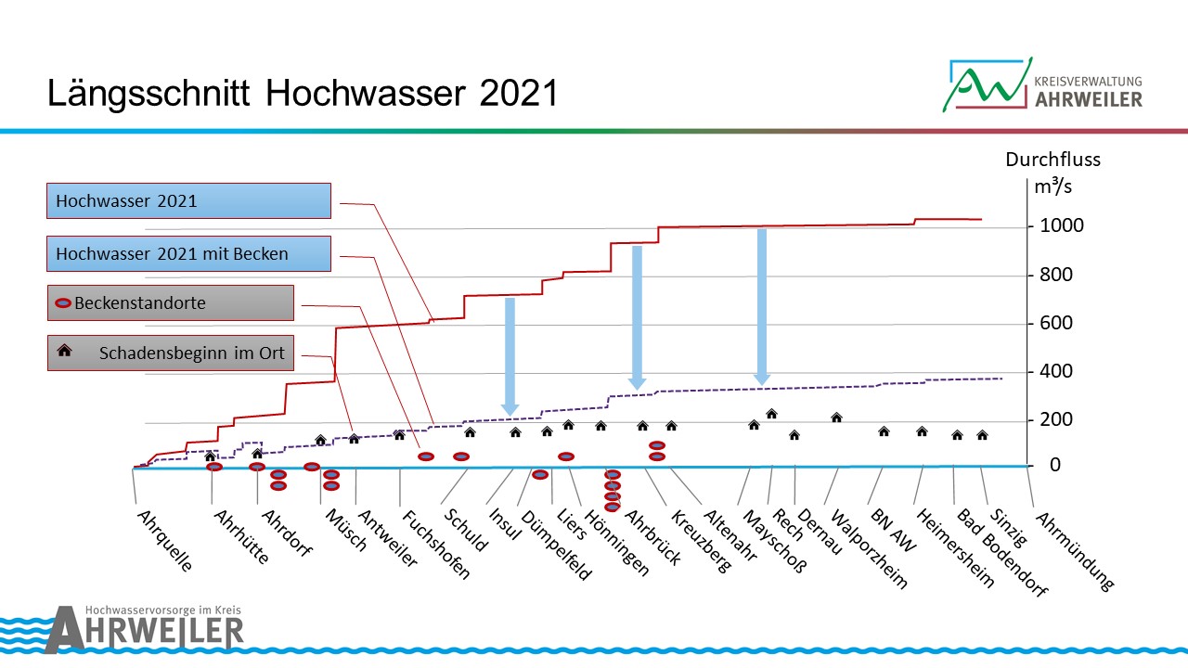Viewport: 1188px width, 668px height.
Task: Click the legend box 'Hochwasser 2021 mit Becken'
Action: [189, 252]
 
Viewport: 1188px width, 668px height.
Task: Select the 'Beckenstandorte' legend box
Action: [171, 302]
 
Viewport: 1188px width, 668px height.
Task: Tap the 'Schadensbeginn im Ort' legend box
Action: [171, 353]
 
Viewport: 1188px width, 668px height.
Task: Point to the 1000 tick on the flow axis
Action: [1061, 226]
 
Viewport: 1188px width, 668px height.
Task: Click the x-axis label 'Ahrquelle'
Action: [164, 538]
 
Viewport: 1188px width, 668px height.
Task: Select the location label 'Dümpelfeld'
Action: [555, 545]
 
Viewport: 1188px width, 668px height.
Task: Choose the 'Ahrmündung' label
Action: [1072, 550]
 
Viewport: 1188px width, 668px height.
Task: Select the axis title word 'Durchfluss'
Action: [1052, 160]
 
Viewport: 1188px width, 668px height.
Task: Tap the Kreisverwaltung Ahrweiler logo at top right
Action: [1041, 84]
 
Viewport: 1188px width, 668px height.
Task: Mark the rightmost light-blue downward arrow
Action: [762, 306]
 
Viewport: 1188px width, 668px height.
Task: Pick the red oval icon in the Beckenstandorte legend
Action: [63, 303]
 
